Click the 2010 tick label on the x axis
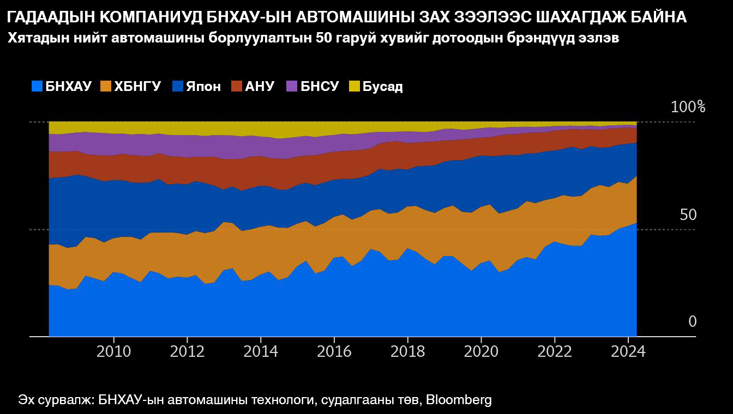click(113, 351)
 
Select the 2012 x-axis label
click(187, 351)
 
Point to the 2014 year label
click(261, 351)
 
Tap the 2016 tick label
click(334, 351)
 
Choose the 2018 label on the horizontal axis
click(408, 351)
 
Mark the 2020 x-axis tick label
click(481, 351)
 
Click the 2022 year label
click(555, 351)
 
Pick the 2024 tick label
click(628, 351)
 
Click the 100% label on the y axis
click(688, 107)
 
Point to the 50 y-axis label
click(688, 215)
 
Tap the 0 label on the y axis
click(693, 321)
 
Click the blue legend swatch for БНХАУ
click(37, 86)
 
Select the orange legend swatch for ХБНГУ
click(105, 86)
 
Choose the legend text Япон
click(203, 87)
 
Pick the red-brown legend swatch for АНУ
click(236, 86)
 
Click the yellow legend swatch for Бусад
click(355, 86)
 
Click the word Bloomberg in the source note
click(459, 400)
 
